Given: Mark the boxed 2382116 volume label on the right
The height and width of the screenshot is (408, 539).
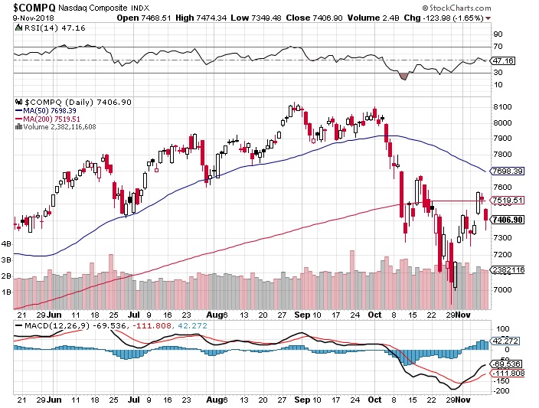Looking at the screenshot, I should coord(508,269).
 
